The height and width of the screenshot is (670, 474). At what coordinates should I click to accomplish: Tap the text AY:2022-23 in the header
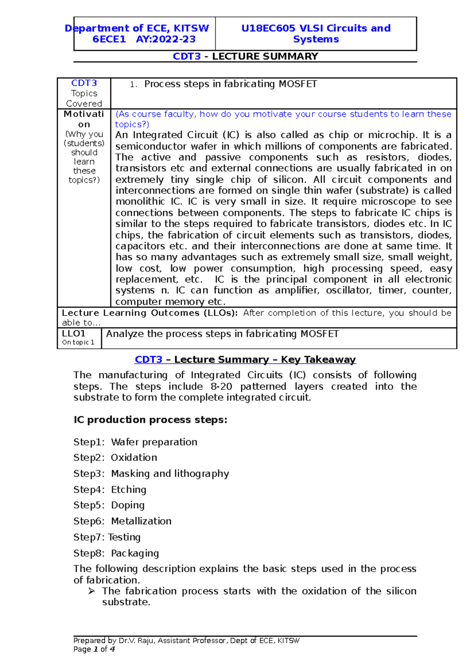coord(166,39)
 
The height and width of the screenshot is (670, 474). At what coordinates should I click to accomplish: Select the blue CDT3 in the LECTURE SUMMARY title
coord(186,56)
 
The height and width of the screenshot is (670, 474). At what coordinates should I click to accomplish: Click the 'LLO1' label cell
coord(73,333)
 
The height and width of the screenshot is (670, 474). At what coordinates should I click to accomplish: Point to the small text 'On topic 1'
coord(78,342)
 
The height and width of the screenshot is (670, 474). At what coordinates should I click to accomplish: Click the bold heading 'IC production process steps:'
coord(150,420)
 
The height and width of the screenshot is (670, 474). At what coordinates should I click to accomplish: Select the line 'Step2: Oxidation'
coord(115,458)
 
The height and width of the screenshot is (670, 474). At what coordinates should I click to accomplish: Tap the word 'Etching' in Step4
coord(129,490)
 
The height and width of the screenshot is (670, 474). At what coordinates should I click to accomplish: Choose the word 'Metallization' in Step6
coord(141,521)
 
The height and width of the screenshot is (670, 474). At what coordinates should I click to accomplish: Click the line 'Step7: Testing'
coord(107,537)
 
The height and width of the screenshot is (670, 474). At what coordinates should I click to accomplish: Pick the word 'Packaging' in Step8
coord(135,553)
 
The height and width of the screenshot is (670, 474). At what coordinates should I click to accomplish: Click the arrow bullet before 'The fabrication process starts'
coord(92,591)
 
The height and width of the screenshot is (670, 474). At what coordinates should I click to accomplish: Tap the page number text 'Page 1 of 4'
coord(94,649)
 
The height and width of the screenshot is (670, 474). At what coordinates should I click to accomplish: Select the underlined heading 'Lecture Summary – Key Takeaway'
coord(265,360)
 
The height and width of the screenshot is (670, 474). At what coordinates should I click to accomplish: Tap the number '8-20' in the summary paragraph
coord(221,387)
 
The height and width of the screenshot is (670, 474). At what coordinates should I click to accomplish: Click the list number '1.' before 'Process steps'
coord(134,84)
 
